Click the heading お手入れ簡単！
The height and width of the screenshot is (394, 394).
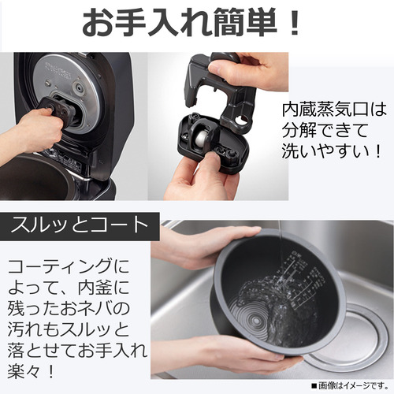(x=191, y=23)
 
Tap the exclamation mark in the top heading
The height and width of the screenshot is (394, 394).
(x=295, y=23)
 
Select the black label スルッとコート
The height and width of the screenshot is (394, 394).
(x=80, y=226)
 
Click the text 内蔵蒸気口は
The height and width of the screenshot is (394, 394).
(x=334, y=110)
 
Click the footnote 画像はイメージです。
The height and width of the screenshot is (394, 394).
(x=350, y=386)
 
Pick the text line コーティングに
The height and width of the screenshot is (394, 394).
(x=69, y=266)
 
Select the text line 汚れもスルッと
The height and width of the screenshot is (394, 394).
(x=69, y=329)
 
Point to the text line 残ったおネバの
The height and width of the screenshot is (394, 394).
(x=69, y=308)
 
